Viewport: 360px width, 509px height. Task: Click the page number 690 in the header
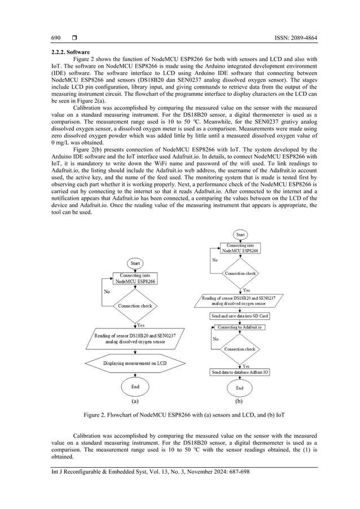click(56, 38)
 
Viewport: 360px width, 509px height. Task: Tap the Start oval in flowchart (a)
click(135, 263)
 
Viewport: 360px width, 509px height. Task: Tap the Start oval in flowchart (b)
click(240, 234)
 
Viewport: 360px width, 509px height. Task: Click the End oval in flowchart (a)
click(135, 387)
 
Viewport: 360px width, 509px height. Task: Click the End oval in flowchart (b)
click(240, 388)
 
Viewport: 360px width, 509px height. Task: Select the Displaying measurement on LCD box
click(135, 363)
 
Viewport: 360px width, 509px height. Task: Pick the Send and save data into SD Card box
click(240, 317)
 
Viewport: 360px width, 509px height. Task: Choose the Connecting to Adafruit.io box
click(240, 327)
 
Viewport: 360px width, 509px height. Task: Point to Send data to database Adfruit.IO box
click(240, 372)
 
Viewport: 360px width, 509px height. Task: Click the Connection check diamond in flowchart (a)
click(135, 306)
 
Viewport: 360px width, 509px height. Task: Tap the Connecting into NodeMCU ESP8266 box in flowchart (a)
click(135, 278)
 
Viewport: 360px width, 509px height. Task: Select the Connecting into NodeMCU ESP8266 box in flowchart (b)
click(240, 249)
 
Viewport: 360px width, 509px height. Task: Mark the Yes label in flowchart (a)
click(141, 325)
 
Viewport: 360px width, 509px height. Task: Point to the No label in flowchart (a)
click(107, 292)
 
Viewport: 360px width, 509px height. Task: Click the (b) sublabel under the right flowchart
click(240, 402)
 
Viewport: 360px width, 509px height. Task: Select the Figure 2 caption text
click(184, 415)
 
